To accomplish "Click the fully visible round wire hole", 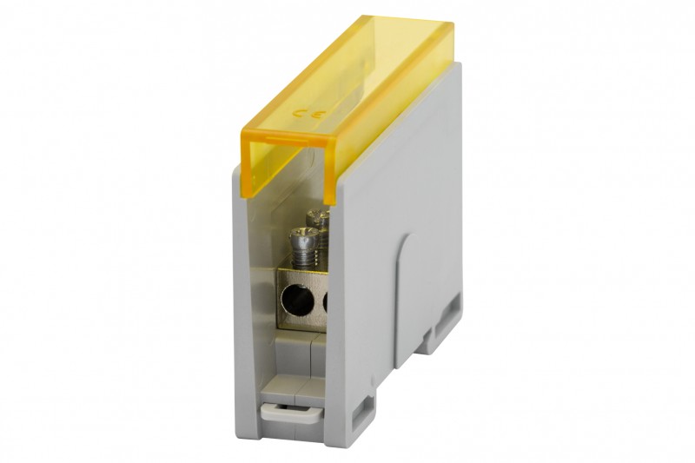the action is tap(298, 300).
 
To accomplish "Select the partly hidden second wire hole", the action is tap(326, 301).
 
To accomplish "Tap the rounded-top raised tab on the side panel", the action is tap(407, 301).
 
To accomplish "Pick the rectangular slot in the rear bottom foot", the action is tap(448, 316).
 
